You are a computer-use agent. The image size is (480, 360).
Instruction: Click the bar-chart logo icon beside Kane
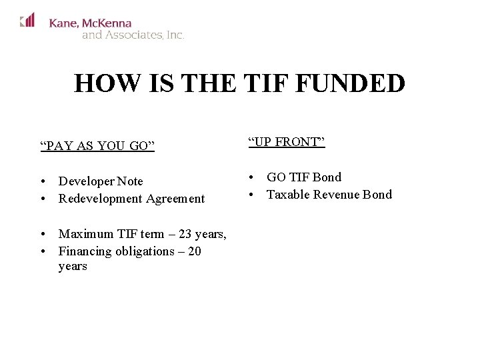[x=27, y=21]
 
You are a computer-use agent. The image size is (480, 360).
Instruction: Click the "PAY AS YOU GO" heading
[x=97, y=145]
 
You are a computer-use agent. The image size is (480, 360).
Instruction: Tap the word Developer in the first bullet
[x=85, y=181]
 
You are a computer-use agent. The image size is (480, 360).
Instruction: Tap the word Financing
[x=85, y=251]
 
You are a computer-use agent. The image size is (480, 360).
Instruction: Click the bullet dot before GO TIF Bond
[x=253, y=178]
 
